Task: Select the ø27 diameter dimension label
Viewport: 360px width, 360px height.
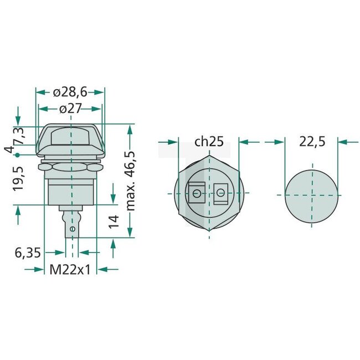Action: pyautogui.click(x=70, y=109)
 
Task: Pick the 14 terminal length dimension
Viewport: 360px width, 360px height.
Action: pyautogui.click(x=113, y=222)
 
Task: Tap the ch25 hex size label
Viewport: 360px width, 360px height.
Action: pyautogui.click(x=209, y=142)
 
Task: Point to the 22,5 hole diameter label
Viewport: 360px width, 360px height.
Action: pyautogui.click(x=312, y=142)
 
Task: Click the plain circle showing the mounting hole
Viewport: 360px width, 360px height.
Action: pyautogui.click(x=311, y=195)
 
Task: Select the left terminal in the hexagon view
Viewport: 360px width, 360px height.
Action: pyautogui.click(x=196, y=193)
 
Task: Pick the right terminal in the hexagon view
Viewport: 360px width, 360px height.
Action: pyautogui.click(x=221, y=193)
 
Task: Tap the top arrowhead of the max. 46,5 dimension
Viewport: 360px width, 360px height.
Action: pyautogui.click(x=131, y=128)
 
